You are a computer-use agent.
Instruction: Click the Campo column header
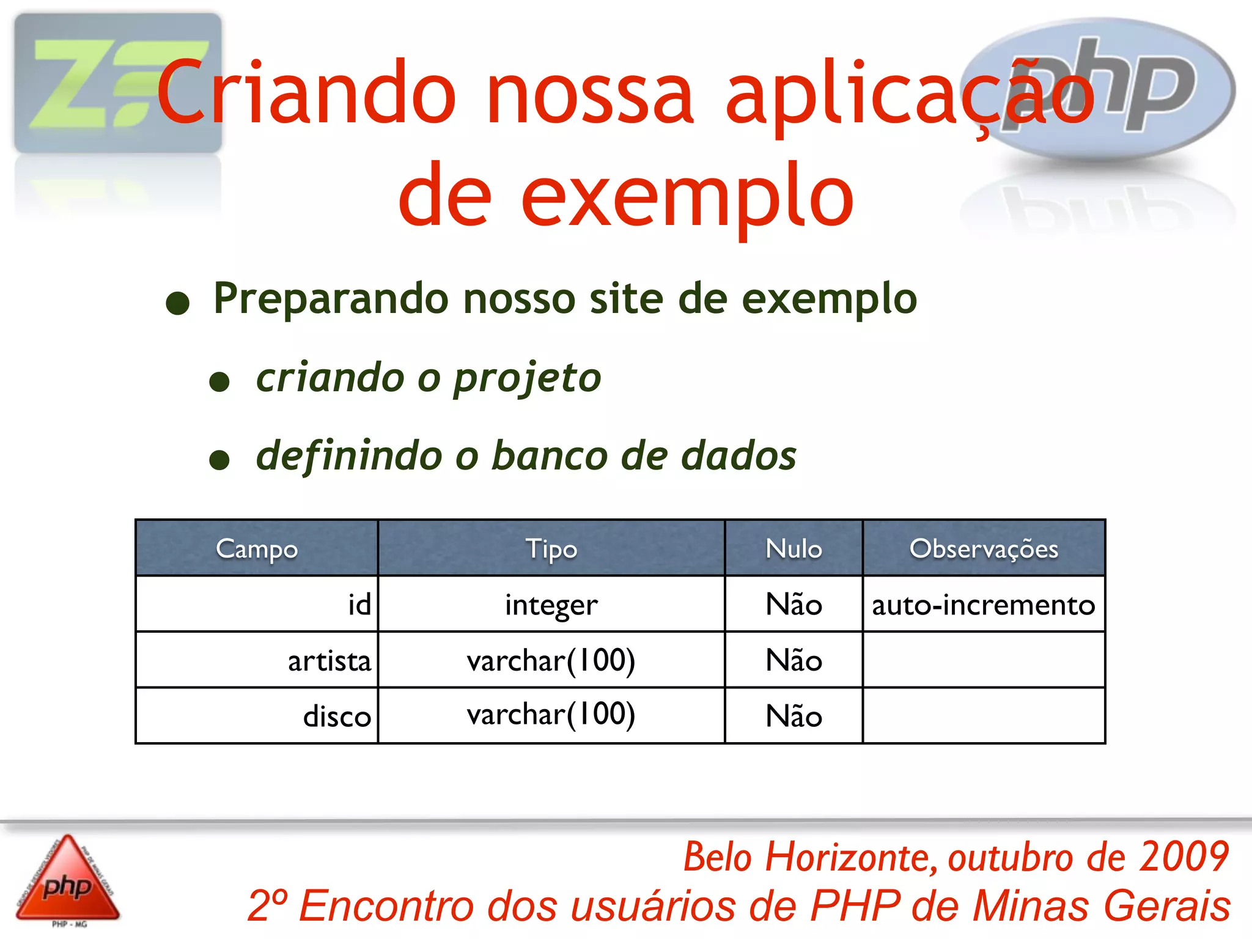[x=257, y=548]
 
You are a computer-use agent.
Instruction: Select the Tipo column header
[x=551, y=548]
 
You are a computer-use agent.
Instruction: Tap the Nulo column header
[x=794, y=548]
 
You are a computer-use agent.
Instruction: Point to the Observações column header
[x=984, y=548]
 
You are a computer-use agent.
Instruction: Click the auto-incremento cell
[x=983, y=605]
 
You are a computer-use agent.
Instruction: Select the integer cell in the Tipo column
[x=551, y=605]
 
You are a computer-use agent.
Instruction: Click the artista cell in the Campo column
[x=330, y=661]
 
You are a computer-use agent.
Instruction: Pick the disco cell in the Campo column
[x=337, y=716]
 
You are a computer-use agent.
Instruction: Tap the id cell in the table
[x=359, y=605]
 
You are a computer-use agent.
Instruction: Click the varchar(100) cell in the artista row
[x=551, y=661]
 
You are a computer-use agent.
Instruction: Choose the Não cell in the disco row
[x=794, y=716]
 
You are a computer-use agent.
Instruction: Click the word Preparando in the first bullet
[x=331, y=300]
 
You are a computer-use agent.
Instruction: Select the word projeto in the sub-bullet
[x=527, y=378]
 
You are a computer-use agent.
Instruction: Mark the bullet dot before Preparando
[x=178, y=303]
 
